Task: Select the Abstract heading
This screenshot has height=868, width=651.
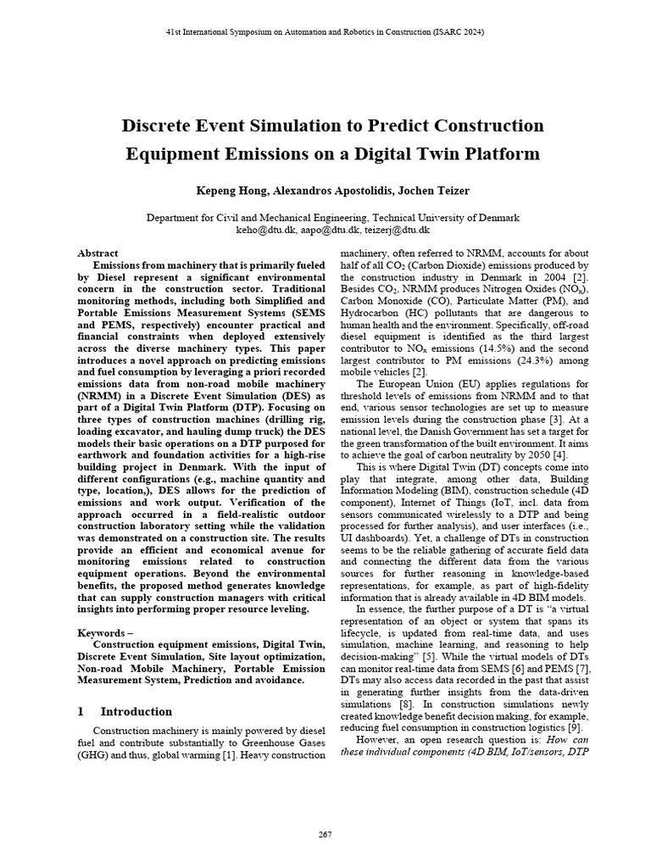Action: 97,253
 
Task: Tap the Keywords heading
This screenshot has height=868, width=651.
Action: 103,633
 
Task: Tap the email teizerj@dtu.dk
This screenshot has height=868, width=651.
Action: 397,230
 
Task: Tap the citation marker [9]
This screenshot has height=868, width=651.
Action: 574,726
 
